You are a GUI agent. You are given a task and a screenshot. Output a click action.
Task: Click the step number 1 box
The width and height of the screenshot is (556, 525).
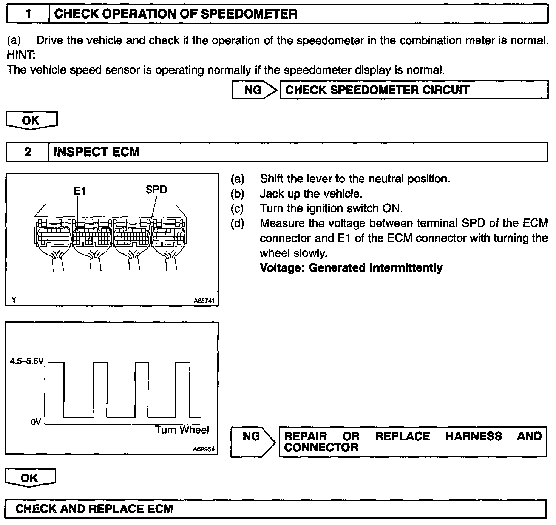pos(28,14)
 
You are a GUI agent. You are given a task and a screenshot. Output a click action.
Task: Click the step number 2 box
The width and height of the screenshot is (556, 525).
pos(28,152)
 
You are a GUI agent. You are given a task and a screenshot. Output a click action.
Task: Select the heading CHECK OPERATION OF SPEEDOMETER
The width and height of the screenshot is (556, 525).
pos(176,14)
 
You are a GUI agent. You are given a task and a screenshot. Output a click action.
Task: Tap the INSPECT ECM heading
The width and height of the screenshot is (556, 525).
pos(97,152)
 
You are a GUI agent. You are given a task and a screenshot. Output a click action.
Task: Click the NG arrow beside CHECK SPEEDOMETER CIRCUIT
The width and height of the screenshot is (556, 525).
pos(254,90)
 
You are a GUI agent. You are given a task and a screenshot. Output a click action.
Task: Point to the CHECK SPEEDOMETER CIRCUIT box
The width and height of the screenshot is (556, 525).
pos(414,90)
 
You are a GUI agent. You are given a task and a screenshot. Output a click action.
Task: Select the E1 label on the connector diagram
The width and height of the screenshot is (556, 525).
pos(80,191)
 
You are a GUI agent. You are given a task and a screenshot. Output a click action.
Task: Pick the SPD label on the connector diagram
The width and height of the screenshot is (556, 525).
pos(156,189)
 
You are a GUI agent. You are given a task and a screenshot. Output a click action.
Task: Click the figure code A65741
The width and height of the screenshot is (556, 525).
pos(204,301)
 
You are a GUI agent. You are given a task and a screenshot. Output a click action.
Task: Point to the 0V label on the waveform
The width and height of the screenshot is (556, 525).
pos(36,422)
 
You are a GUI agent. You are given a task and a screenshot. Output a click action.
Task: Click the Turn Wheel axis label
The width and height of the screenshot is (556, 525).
pos(182,430)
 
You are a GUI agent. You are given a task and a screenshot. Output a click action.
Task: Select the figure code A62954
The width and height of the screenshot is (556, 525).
pos(204,449)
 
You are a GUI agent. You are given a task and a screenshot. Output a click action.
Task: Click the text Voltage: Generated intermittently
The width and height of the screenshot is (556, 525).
pos(351,268)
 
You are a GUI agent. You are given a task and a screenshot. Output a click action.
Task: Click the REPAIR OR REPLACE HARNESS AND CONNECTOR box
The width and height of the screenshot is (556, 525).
pos(412,442)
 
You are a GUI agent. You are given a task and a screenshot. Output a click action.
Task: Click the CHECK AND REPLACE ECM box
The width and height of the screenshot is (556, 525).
pos(275,509)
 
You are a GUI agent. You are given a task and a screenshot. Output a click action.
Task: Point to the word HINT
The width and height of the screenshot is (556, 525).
pos(21,55)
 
